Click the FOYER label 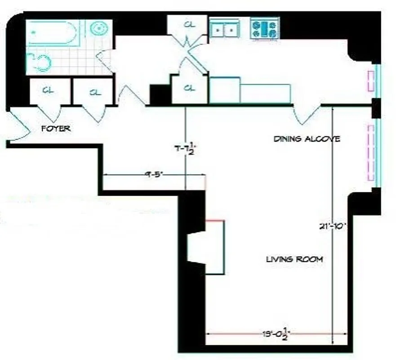(56, 129)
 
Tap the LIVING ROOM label (294, 259)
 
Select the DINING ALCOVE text (307, 139)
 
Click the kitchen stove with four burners (265, 29)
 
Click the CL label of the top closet (189, 24)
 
